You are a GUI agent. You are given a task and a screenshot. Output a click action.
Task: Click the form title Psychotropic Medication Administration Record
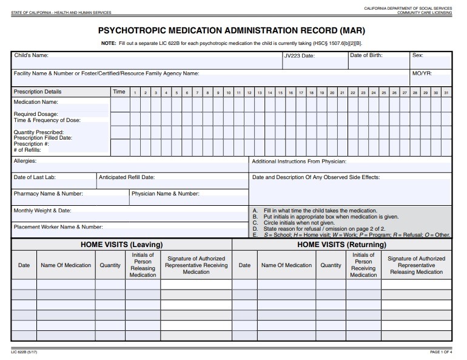click(232, 30)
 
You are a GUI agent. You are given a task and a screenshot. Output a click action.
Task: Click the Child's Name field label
click(31, 55)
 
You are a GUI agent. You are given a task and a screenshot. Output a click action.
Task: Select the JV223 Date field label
click(300, 56)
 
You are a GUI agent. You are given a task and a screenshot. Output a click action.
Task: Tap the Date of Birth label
click(370, 55)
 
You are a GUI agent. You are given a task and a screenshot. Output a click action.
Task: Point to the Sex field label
click(417, 55)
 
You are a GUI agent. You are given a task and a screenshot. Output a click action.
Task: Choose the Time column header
click(119, 92)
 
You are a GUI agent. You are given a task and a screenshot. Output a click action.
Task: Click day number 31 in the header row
click(446, 92)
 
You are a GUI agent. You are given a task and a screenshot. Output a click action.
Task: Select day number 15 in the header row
click(280, 92)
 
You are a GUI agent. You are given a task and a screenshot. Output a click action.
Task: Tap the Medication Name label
click(36, 102)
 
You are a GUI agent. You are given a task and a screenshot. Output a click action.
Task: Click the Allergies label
click(25, 161)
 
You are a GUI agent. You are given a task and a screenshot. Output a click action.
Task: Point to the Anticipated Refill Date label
click(127, 177)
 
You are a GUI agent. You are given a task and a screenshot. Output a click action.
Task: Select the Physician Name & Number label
click(166, 194)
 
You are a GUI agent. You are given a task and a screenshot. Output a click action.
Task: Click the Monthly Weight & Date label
click(42, 211)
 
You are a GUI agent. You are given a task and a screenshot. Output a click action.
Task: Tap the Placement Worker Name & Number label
click(58, 226)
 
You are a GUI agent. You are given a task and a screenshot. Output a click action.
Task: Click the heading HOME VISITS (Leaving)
click(121, 244)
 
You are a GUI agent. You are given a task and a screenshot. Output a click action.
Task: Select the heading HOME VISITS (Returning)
click(341, 244)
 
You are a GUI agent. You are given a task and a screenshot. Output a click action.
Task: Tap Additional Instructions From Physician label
click(299, 161)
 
